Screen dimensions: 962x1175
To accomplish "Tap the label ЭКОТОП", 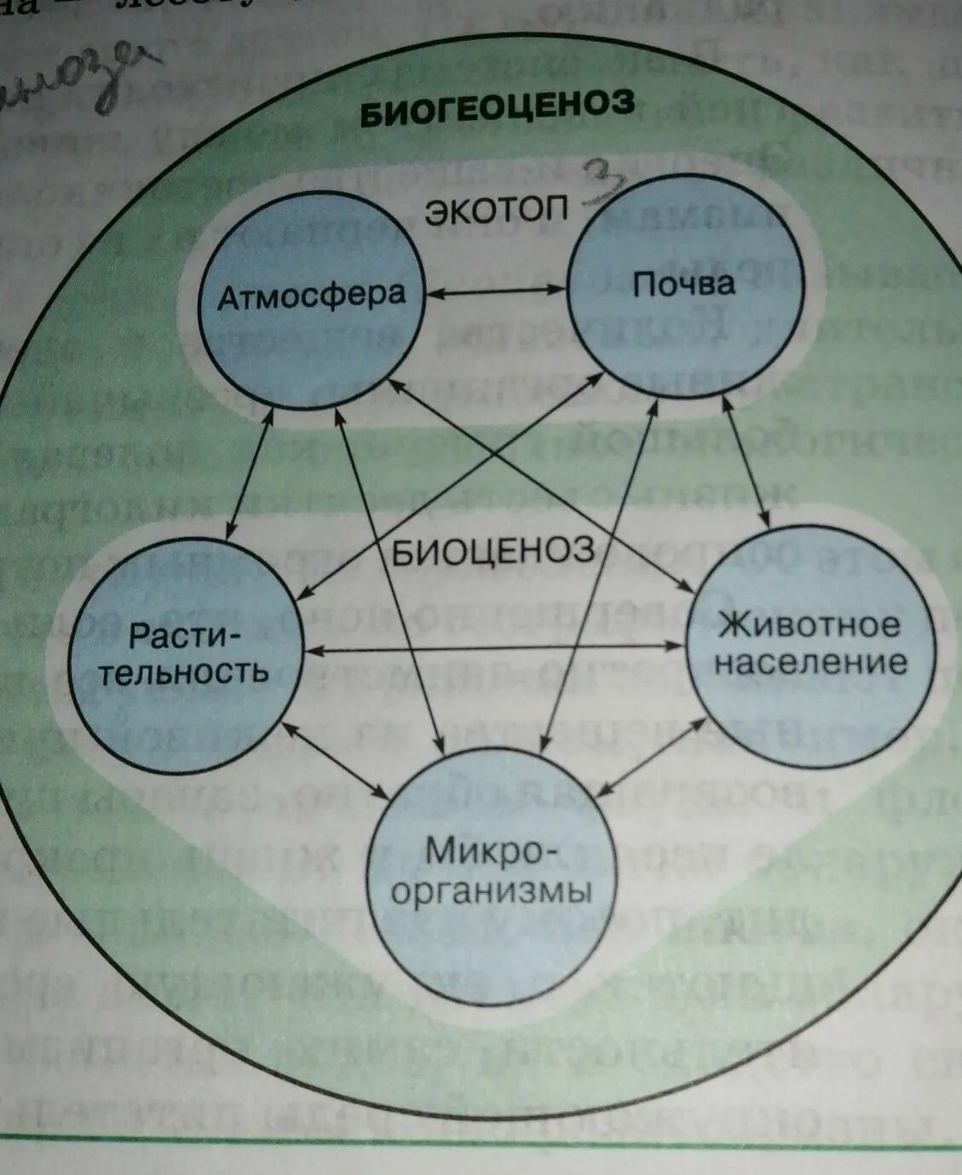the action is click(x=497, y=211).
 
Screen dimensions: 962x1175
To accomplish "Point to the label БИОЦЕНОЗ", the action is click(x=493, y=551).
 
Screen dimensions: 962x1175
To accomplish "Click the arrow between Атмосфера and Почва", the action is click(x=496, y=291).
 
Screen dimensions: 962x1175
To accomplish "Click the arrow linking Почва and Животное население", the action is click(x=746, y=460).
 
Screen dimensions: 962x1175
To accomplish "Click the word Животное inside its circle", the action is click(x=809, y=625).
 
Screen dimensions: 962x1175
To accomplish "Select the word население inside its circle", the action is click(x=810, y=663).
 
